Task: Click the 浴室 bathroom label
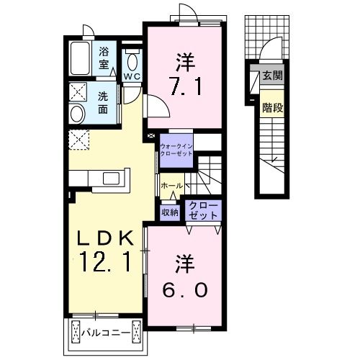tap(103, 58)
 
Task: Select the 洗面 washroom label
tap(103, 103)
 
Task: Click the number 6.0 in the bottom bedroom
tap(183, 289)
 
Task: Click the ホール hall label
tap(171, 186)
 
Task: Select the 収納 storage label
tap(169, 212)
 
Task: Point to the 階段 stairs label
tap(271, 109)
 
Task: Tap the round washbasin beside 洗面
tap(76, 112)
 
